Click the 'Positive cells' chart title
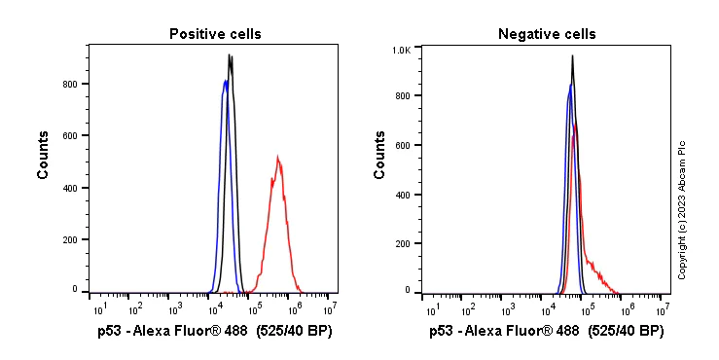click(214, 34)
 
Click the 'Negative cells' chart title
click(546, 34)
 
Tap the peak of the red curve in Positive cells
click(277, 157)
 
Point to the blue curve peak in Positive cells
click(226, 82)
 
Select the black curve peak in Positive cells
click(230, 55)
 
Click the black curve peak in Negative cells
click(572, 56)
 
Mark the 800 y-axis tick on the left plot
click(70, 84)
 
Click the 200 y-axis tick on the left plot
click(70, 238)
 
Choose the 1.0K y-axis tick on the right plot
click(400, 48)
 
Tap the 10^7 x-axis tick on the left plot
click(331, 309)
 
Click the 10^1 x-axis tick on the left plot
click(100, 309)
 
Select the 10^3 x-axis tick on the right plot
click(508, 309)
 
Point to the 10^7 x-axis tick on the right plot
click(662, 309)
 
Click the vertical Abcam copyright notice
click(682, 209)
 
